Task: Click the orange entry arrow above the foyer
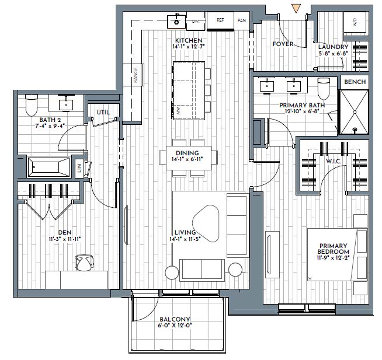tap(296, 8)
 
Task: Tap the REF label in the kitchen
tap(220, 20)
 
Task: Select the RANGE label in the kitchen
tap(136, 75)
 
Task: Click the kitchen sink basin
tap(176, 22)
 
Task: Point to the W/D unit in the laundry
tap(355, 22)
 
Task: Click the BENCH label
tap(355, 82)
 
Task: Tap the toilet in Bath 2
tap(32, 105)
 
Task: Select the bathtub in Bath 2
tap(48, 167)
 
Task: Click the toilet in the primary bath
tap(324, 89)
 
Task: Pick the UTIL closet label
tap(103, 113)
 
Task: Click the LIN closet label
tap(79, 167)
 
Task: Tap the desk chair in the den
tap(84, 263)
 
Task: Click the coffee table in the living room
tap(206, 223)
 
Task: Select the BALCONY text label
tap(175, 319)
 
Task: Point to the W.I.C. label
tap(334, 162)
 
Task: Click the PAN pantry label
tap(242, 20)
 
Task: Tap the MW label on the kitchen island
tap(178, 111)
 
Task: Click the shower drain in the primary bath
tap(355, 130)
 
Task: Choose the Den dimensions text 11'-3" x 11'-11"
tap(65, 239)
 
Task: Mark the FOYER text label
tap(283, 44)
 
